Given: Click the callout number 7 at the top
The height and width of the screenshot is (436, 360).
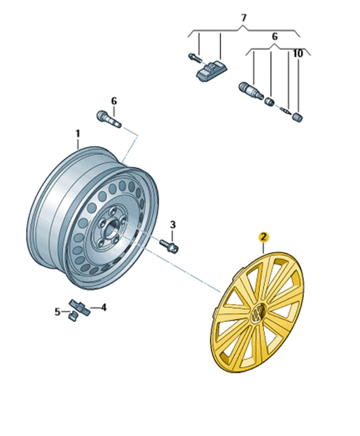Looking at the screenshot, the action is (x=244, y=18).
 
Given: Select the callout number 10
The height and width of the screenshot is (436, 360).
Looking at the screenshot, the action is (x=297, y=53).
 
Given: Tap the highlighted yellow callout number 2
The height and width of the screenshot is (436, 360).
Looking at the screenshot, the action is (x=263, y=237).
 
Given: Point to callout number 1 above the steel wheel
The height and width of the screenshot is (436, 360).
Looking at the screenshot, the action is (x=78, y=134).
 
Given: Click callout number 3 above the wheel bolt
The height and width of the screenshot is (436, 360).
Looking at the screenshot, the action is (x=173, y=225).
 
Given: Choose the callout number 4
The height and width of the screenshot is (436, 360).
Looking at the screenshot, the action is (x=103, y=307).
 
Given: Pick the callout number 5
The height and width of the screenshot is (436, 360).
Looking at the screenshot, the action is (x=57, y=312).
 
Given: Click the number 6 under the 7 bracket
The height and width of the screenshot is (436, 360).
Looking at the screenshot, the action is (x=275, y=36).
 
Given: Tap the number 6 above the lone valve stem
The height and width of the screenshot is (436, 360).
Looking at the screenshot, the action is (x=113, y=101).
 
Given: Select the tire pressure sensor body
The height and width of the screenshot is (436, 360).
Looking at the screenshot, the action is (x=212, y=71).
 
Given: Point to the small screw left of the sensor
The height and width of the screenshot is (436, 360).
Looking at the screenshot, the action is (x=195, y=58).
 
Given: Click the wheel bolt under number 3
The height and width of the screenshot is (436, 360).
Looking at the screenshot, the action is (x=169, y=246).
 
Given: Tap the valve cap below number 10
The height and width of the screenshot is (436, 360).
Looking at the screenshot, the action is (x=297, y=117).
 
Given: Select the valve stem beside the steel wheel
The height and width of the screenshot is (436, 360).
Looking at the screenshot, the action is (x=109, y=119).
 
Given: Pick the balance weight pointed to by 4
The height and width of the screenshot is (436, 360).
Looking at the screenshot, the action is (x=80, y=307).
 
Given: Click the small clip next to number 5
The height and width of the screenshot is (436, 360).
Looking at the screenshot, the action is (x=73, y=316).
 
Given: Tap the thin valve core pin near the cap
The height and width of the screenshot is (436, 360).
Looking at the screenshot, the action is (x=286, y=110).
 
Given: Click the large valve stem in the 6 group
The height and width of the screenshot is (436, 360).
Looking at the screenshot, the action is (x=251, y=90).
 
